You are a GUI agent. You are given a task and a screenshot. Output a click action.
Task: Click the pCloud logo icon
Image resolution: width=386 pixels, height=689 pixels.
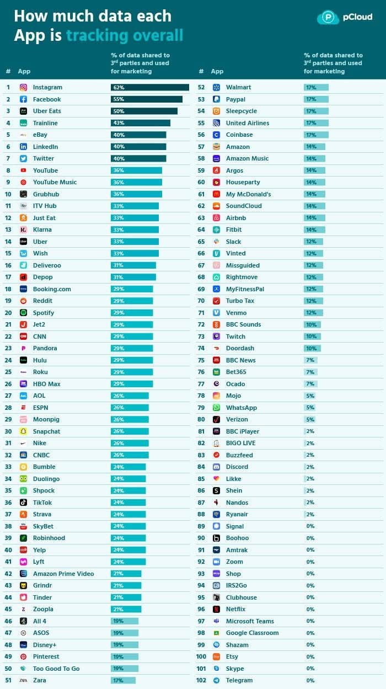[x=328, y=17]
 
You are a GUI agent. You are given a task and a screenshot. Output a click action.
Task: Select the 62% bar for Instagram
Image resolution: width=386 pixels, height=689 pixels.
[x=149, y=87]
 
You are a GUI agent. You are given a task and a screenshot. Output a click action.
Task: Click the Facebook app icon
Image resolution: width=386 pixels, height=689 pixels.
[x=24, y=99]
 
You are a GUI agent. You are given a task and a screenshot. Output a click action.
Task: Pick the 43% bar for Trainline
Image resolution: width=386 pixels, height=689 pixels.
[x=140, y=123]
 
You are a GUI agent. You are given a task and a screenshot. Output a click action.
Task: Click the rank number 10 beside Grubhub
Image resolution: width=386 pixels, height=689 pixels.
[x=8, y=194]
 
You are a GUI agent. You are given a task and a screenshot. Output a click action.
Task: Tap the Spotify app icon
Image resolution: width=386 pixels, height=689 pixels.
[x=24, y=313]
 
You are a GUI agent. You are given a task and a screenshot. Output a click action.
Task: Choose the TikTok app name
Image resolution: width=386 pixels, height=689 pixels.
[x=42, y=503]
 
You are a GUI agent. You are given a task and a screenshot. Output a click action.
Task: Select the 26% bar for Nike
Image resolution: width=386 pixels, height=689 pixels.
[x=130, y=443]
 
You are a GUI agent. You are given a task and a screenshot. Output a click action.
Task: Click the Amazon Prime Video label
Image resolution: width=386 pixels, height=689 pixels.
[x=63, y=574]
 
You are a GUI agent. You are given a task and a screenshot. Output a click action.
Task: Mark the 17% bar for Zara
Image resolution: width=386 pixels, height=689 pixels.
[x=123, y=680]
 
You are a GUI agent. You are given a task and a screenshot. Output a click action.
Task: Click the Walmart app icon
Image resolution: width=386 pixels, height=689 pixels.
[x=217, y=87]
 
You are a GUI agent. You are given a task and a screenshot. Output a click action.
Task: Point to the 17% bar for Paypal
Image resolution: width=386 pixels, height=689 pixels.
[x=316, y=99]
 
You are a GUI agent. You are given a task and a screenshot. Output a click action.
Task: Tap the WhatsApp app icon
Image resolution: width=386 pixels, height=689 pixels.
[x=217, y=408]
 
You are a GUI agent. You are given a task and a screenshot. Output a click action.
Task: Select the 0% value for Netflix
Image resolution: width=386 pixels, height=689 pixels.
[x=310, y=610]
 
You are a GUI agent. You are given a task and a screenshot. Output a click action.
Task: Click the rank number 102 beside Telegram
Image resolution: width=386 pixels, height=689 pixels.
[x=201, y=680]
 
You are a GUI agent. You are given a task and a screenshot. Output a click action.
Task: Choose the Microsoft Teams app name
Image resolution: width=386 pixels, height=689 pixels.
[x=250, y=621]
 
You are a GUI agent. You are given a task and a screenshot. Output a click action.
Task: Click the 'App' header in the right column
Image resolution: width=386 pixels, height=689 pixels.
[x=217, y=71]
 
